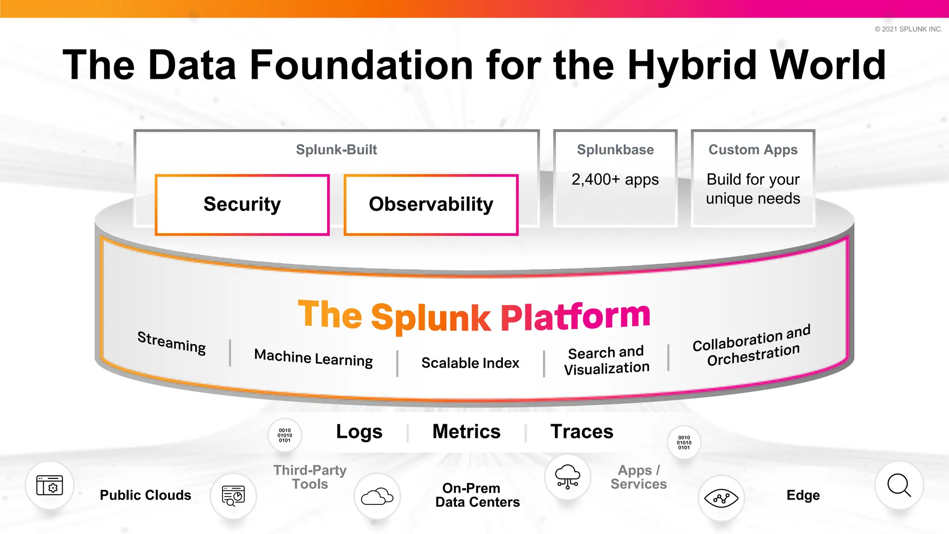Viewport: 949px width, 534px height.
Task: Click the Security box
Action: pos(242,204)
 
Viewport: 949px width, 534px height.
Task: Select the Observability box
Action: pos(431,204)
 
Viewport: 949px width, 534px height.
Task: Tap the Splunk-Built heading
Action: pos(336,150)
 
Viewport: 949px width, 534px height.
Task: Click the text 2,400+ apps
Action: pos(615,179)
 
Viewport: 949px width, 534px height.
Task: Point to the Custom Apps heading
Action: pos(753,150)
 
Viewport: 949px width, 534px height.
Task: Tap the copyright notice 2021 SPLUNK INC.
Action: pos(908,29)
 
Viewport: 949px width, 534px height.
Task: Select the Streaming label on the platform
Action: pos(171,343)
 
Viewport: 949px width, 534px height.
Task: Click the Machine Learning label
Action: pos(313,358)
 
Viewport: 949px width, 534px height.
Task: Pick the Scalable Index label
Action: pos(470,363)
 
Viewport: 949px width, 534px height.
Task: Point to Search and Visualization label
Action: pos(606,360)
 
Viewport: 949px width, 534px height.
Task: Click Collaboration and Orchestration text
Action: pos(752,345)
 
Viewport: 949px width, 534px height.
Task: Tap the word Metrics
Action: pos(466,432)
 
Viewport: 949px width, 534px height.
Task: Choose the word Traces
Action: pos(582,432)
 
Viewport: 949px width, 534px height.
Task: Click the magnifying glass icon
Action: pos(898,485)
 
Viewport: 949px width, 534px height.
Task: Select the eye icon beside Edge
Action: pos(721,498)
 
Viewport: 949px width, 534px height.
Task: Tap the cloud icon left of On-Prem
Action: pos(377,496)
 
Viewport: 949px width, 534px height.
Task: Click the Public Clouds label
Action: pos(146,495)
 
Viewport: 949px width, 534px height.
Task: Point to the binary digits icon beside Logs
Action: pos(285,435)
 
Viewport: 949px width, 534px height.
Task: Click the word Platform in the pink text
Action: pos(576,317)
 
